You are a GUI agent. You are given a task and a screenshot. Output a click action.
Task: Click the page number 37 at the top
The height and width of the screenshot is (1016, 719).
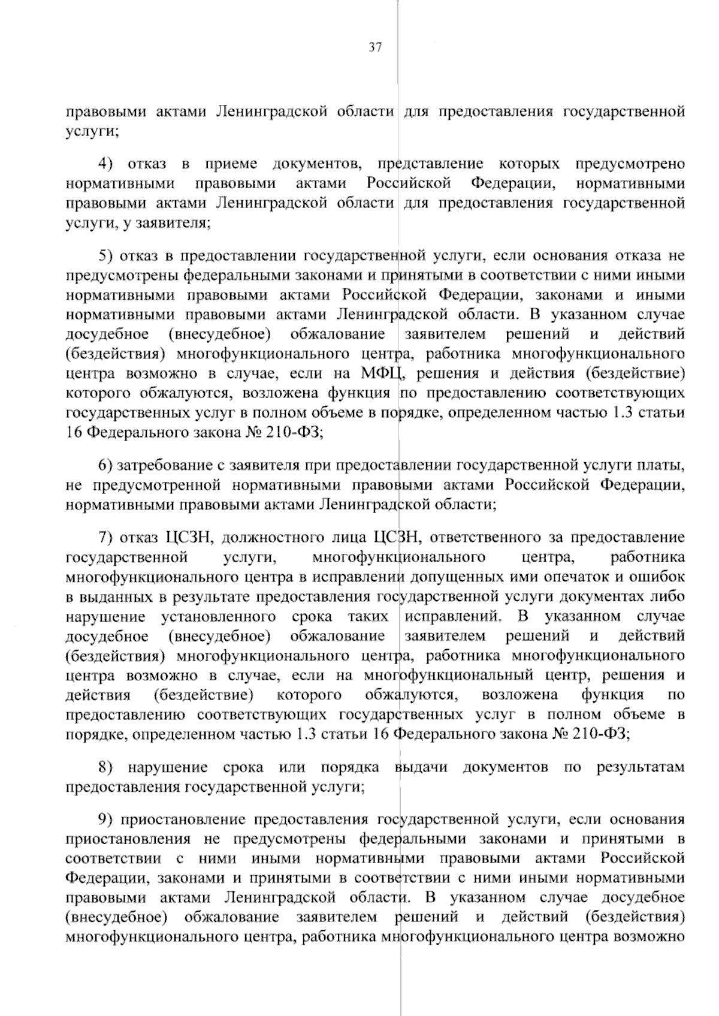tap(375, 48)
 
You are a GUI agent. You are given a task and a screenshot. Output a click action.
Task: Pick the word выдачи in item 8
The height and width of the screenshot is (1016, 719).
tap(421, 768)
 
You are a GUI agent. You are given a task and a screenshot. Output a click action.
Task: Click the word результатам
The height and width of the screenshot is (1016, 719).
tap(641, 768)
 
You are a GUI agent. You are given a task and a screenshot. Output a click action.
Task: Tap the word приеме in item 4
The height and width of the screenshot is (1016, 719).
tap(231, 164)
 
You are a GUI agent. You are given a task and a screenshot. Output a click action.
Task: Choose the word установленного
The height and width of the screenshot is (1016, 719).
tap(219, 617)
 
